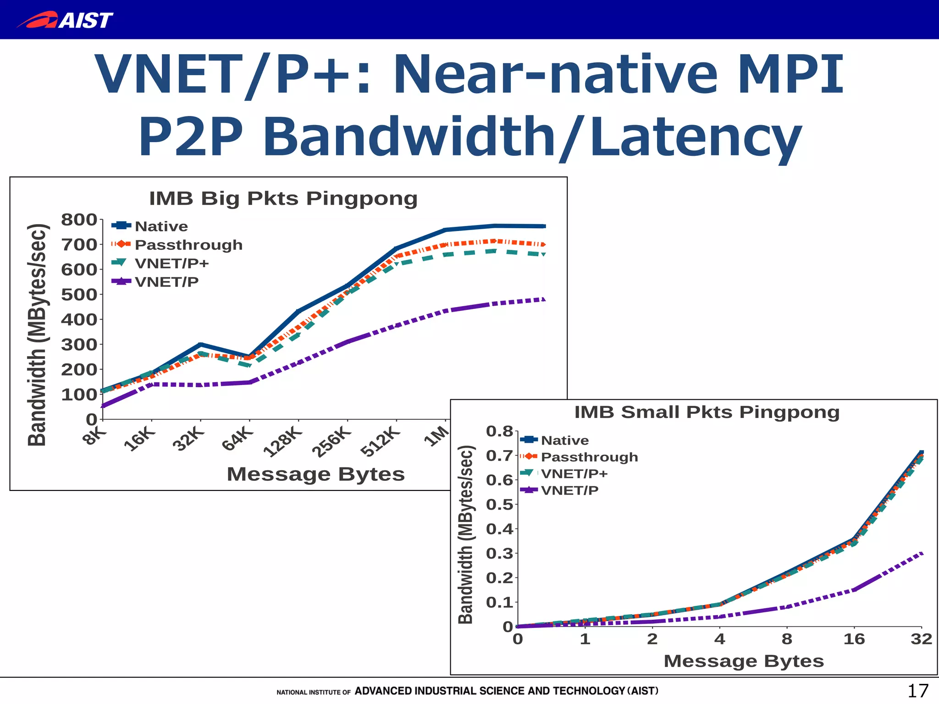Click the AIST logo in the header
point(65,20)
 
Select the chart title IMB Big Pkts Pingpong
point(283,198)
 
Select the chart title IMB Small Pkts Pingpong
point(707,412)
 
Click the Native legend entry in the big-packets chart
point(161,226)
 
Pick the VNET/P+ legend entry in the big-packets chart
point(171,264)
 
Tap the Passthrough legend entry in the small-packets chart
point(589,457)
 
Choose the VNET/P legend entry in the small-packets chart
point(569,490)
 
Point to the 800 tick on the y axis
point(79,220)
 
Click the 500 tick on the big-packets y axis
point(79,295)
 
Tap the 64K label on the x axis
point(237,439)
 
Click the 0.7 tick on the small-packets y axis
point(499,456)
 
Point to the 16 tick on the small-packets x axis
point(854,639)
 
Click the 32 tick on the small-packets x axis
point(921,639)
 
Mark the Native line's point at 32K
point(200,344)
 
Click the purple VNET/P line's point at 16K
point(152,384)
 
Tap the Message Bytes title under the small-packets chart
point(743,661)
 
